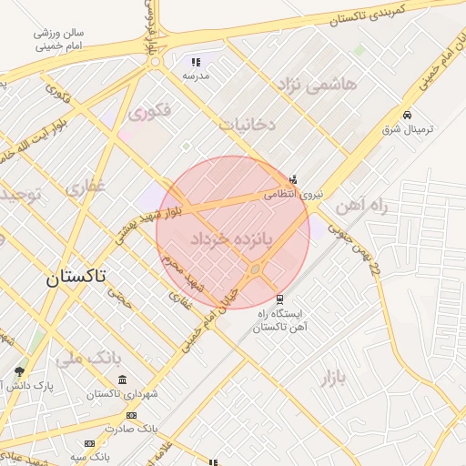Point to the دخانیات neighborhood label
click(x=248, y=123)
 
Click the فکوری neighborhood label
click(x=150, y=113)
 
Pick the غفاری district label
click(x=86, y=188)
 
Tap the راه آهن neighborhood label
click(x=361, y=207)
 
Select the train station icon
click(x=279, y=299)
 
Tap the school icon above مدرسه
click(x=195, y=63)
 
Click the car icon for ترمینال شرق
click(x=407, y=116)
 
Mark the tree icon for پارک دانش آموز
click(x=20, y=371)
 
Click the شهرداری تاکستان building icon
click(x=123, y=380)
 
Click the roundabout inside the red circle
click(x=256, y=268)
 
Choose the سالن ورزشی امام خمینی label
click(x=61, y=38)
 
